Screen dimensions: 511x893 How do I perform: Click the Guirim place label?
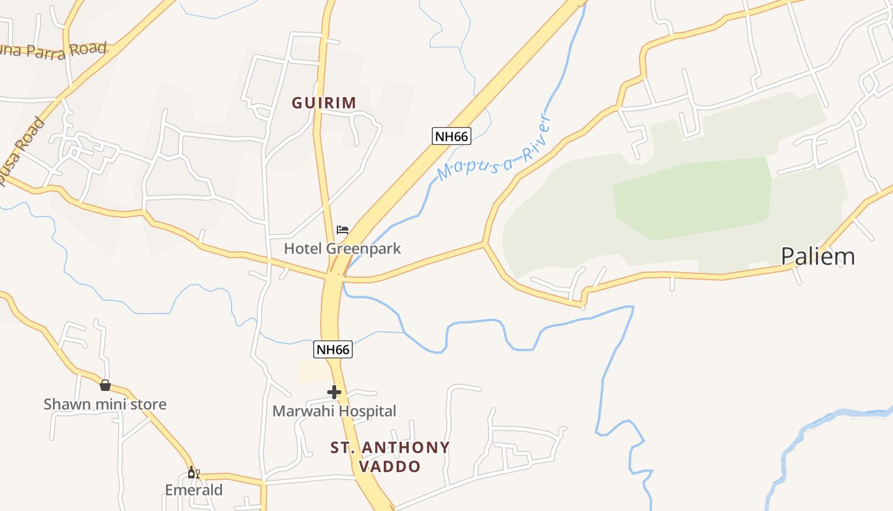[324, 102]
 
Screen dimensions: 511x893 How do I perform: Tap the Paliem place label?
[818, 256]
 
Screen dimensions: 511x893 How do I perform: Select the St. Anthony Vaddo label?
[390, 457]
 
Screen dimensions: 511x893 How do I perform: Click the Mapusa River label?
[492, 148]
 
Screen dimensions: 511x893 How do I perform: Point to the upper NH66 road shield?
[451, 136]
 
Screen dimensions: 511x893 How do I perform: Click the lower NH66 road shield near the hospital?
[333, 349]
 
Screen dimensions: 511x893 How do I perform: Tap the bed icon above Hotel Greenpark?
[343, 230]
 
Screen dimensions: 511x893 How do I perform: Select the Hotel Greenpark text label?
[343, 248]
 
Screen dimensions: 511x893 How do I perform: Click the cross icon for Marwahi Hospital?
[334, 392]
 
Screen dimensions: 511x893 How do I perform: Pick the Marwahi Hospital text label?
[334, 411]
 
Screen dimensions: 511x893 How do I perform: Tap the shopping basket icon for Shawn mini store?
[105, 385]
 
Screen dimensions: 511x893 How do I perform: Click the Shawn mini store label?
[105, 404]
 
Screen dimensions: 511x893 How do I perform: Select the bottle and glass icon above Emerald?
[193, 473]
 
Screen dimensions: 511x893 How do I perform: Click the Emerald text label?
[194, 490]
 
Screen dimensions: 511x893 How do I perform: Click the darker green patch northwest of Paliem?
[692, 198]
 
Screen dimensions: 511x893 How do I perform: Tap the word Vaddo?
[390, 467]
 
